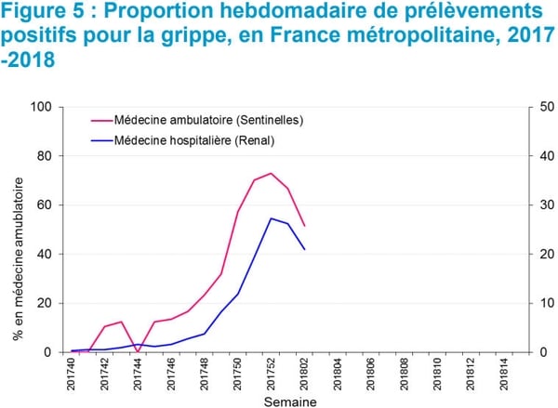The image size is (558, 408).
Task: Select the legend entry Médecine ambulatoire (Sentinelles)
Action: [x=208, y=120]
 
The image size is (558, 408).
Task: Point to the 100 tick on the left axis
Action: [x=39, y=107]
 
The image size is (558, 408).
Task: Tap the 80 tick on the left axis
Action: [x=43, y=156]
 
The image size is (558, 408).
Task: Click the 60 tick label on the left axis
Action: [x=43, y=205]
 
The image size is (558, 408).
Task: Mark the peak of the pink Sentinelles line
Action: [x=271, y=173]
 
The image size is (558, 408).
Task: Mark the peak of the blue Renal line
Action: [x=271, y=218]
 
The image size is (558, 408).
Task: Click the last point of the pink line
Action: [x=304, y=226]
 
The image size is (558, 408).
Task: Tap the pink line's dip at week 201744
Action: [x=139, y=351]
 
